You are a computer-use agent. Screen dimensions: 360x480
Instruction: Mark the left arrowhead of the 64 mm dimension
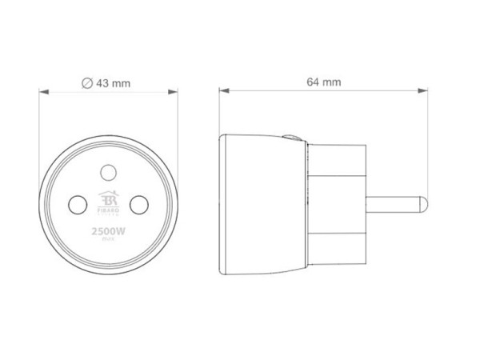click(x=224, y=92)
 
